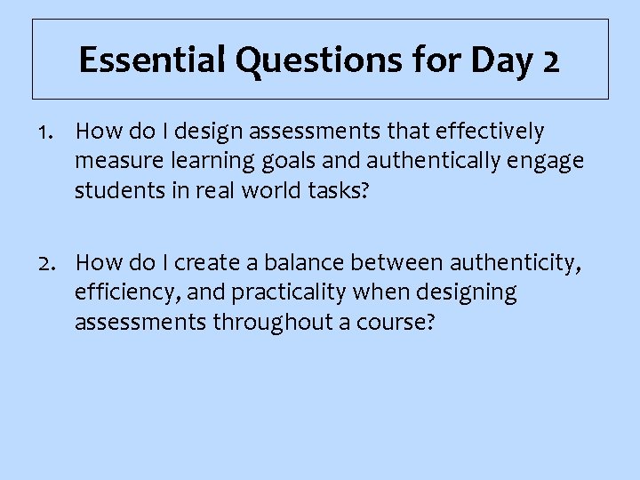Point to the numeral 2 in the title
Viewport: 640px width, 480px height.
[x=550, y=60]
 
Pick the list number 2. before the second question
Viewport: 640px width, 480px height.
[x=50, y=262]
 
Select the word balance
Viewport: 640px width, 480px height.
[x=300, y=262]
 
